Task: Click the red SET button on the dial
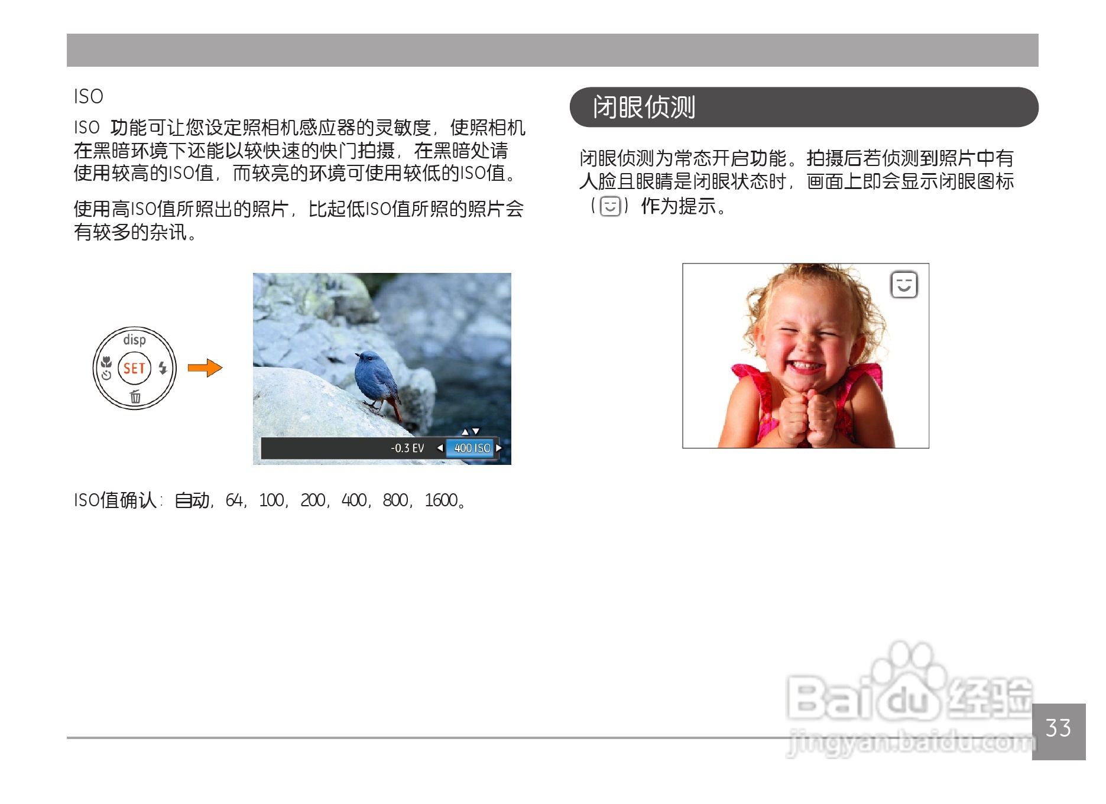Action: point(134,368)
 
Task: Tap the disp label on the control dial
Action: point(134,340)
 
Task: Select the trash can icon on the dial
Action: point(135,396)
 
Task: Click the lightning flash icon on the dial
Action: point(163,367)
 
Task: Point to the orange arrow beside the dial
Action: point(205,368)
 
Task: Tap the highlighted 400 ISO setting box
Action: point(472,448)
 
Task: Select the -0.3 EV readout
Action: point(407,448)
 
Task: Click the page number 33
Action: point(1058,728)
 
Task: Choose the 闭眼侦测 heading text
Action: point(644,108)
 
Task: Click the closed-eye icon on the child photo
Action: point(904,285)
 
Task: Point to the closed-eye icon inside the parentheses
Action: point(610,206)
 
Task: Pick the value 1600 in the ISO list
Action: point(441,500)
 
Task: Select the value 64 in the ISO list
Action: point(233,500)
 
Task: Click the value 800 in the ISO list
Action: point(395,500)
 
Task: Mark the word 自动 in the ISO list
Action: point(192,500)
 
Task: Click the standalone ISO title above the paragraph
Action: point(89,96)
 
